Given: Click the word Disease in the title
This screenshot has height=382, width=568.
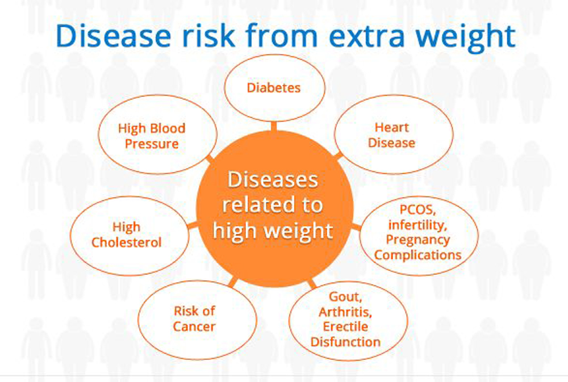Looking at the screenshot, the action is pos(113,36).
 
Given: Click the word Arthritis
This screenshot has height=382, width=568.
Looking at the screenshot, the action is pos(345,312).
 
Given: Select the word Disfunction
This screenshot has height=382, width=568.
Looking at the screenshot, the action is pos(345,342).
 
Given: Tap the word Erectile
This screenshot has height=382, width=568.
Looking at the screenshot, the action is pos(345,326).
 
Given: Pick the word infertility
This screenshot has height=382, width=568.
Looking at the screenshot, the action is pos(417,225).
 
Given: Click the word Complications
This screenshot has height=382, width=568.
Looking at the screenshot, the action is pos(417,255).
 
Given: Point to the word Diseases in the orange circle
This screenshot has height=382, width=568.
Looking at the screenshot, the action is pos(273,179).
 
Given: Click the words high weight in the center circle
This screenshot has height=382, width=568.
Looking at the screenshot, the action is pos(273,230).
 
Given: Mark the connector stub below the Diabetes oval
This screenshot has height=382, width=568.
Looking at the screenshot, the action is pos(274,126).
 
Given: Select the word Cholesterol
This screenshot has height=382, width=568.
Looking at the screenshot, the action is pos(127,242).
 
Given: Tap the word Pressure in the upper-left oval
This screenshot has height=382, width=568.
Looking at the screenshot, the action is pos(152,144).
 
